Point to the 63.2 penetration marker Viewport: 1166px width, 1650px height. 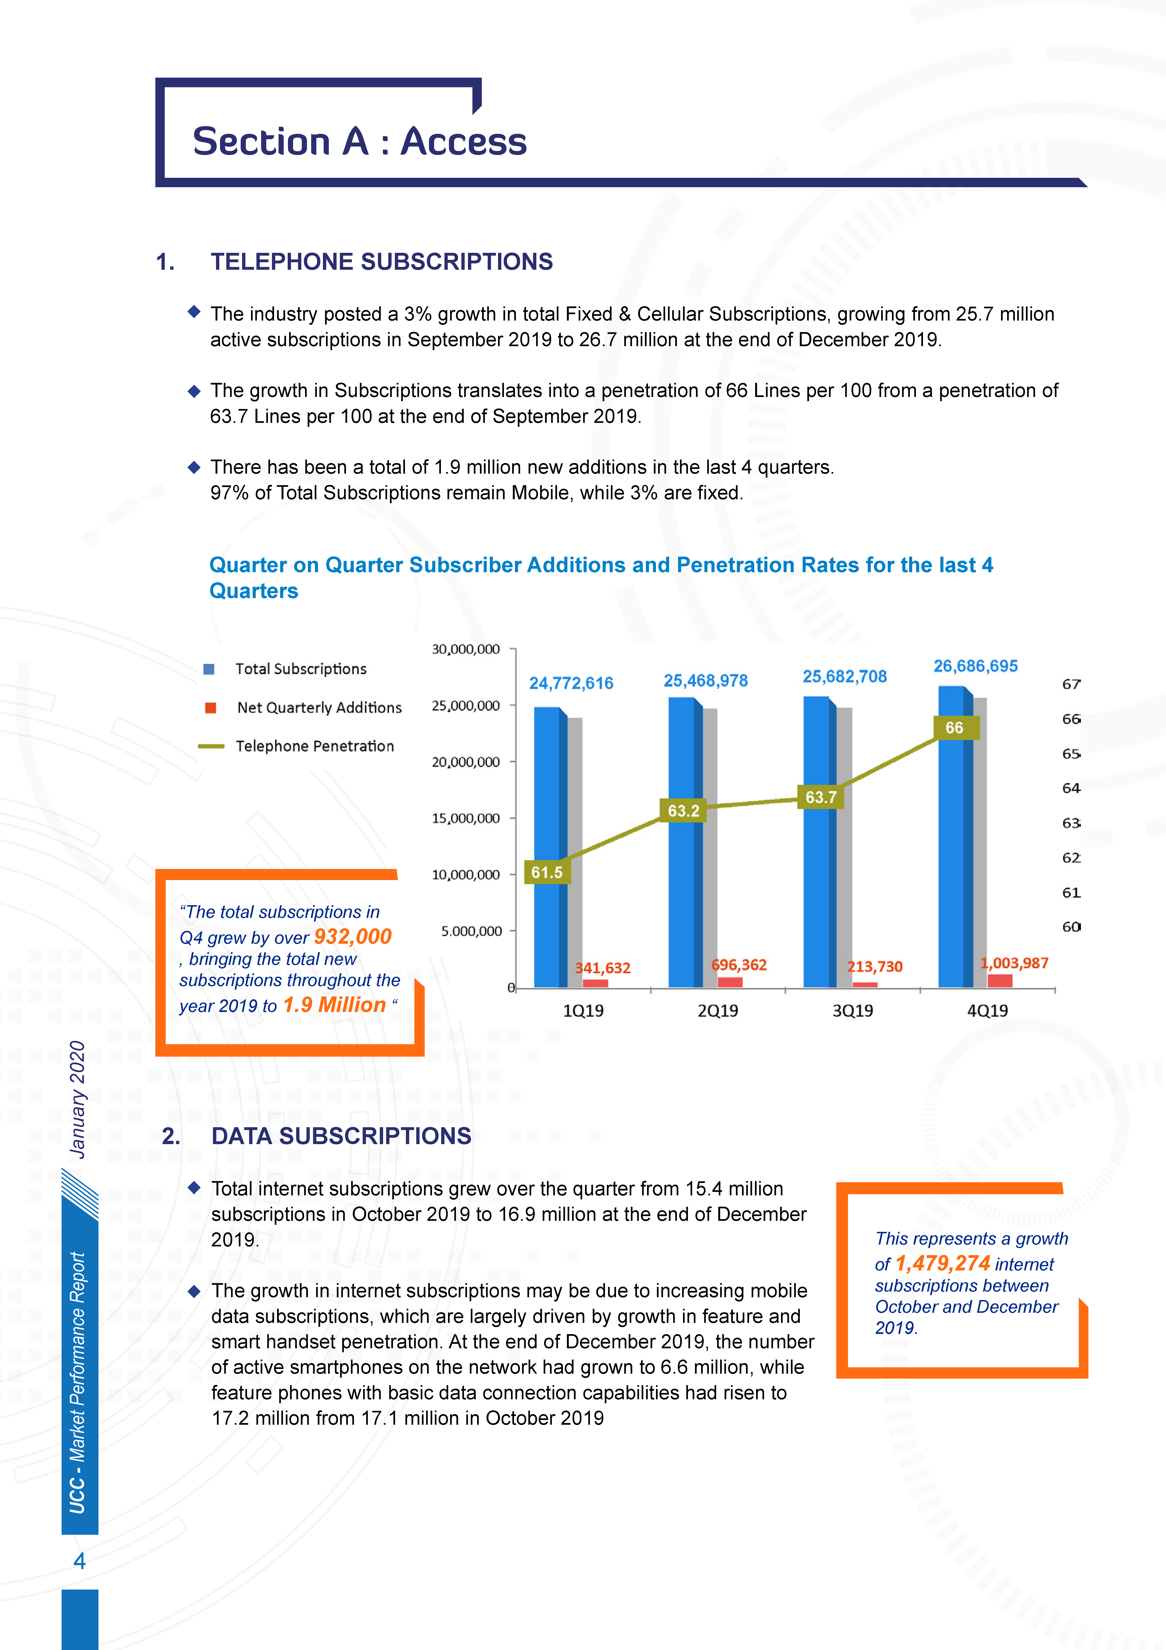coord(683,811)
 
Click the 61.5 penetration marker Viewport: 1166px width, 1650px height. coord(547,873)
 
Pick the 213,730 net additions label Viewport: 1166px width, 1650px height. coord(874,967)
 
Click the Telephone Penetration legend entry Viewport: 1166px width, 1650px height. coord(315,746)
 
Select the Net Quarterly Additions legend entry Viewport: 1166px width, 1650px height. coord(319,708)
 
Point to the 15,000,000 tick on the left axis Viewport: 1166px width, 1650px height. coord(466,818)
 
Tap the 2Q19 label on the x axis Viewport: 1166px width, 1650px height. coord(718,1010)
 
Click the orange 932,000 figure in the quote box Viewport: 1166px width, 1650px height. coord(353,936)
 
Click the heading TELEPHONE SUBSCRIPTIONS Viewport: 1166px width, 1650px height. coord(381,262)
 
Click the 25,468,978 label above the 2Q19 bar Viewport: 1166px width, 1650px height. coord(706,681)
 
